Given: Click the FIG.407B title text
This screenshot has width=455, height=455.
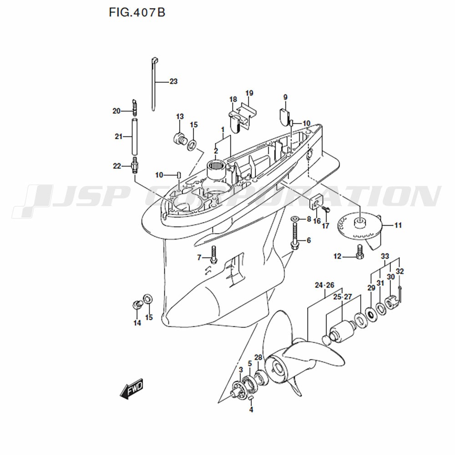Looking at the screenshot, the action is (x=137, y=12).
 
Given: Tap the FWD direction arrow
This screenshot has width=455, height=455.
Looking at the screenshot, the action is (x=132, y=389).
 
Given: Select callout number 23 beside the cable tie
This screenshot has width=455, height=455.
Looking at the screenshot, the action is (x=173, y=81).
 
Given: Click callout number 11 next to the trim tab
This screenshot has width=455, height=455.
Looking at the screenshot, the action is (x=398, y=225).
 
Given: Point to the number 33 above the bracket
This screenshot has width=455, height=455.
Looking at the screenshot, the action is (x=385, y=257).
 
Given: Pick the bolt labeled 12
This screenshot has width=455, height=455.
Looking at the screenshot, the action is (x=359, y=252).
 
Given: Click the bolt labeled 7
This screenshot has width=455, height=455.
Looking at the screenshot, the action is (x=213, y=254).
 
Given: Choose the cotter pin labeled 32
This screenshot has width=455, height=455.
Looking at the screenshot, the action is (x=399, y=293).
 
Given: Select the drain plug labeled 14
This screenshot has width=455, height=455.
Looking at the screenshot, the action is (x=136, y=304).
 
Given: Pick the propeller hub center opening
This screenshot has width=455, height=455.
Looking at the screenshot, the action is (x=279, y=369).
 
